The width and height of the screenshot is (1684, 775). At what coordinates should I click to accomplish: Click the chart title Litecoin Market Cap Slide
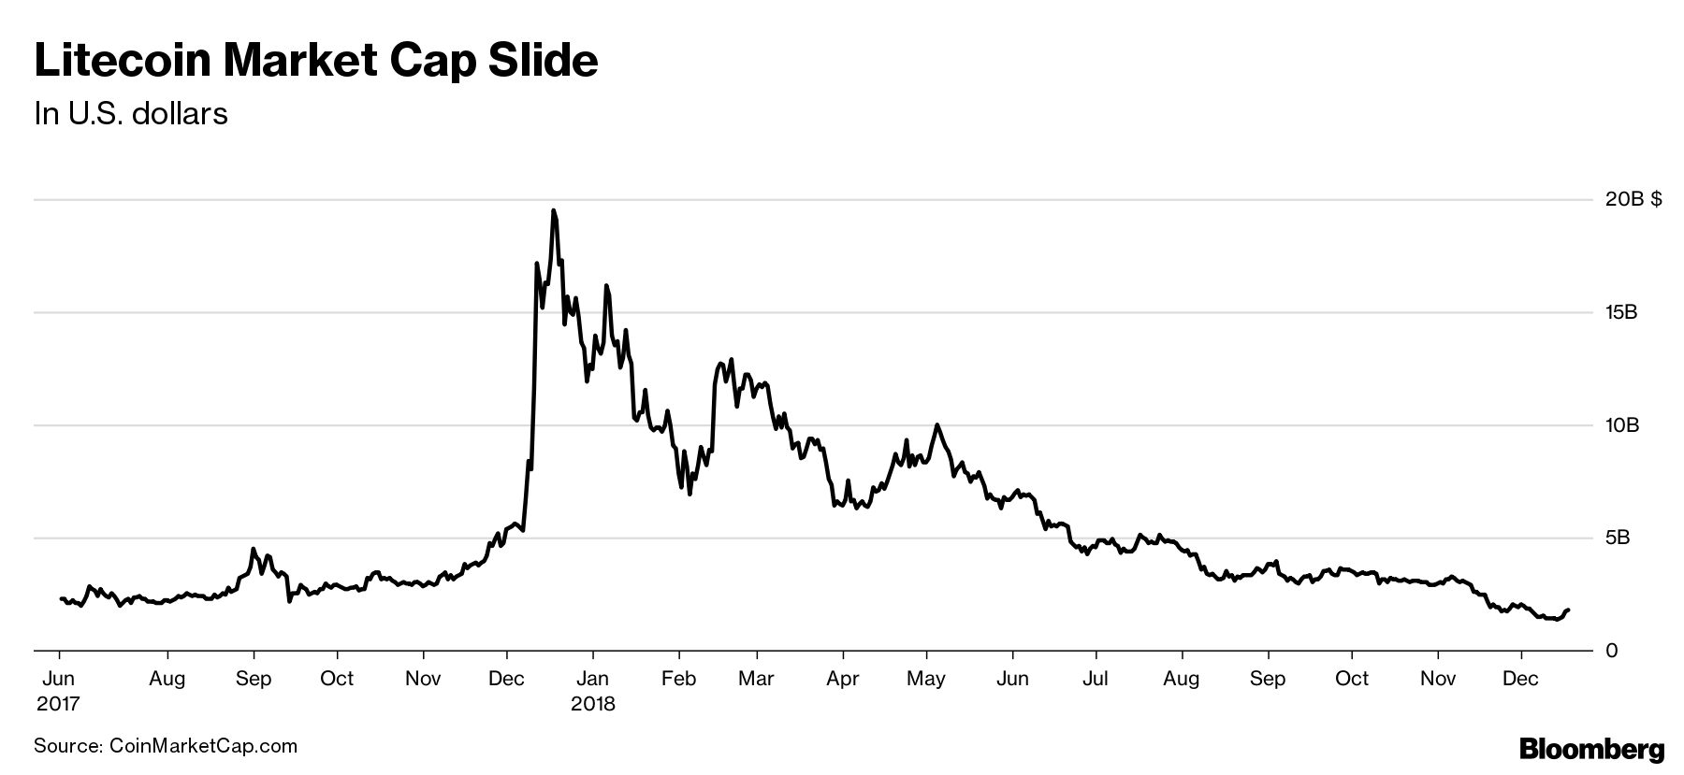pyautogui.click(x=315, y=61)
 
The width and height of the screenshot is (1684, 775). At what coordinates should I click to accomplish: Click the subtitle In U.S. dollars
pyautogui.click(x=131, y=114)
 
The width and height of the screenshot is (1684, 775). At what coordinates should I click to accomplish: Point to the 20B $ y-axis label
pyautogui.click(x=1633, y=199)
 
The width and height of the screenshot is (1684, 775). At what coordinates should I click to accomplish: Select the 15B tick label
pyautogui.click(x=1621, y=312)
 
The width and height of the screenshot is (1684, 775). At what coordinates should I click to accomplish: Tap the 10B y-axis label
pyautogui.click(x=1621, y=425)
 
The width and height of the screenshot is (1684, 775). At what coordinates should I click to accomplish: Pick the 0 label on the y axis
pyautogui.click(x=1610, y=651)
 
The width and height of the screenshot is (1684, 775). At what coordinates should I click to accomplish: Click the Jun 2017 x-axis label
pyautogui.click(x=59, y=690)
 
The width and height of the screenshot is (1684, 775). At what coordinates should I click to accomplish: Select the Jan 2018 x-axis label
pyautogui.click(x=593, y=690)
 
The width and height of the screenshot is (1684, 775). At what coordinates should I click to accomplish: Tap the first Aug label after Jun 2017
pyautogui.click(x=167, y=679)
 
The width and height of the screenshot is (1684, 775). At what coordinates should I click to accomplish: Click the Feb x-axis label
pyautogui.click(x=678, y=679)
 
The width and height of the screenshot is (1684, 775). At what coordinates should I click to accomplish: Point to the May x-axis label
pyautogui.click(x=926, y=679)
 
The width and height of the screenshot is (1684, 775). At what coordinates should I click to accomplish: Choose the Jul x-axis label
pyautogui.click(x=1096, y=679)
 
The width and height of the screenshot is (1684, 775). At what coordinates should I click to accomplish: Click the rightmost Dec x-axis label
pyautogui.click(x=1520, y=679)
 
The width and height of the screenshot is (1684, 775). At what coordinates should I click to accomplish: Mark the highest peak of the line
pyautogui.click(x=553, y=210)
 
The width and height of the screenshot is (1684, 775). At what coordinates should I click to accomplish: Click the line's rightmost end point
pyautogui.click(x=1569, y=610)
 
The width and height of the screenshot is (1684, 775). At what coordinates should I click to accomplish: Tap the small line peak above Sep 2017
pyautogui.click(x=254, y=549)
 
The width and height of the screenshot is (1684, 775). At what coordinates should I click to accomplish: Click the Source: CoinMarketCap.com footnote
pyautogui.click(x=166, y=746)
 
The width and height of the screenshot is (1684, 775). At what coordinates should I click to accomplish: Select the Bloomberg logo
pyautogui.click(x=1591, y=749)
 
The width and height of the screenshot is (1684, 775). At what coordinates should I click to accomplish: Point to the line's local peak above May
pyautogui.click(x=936, y=425)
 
